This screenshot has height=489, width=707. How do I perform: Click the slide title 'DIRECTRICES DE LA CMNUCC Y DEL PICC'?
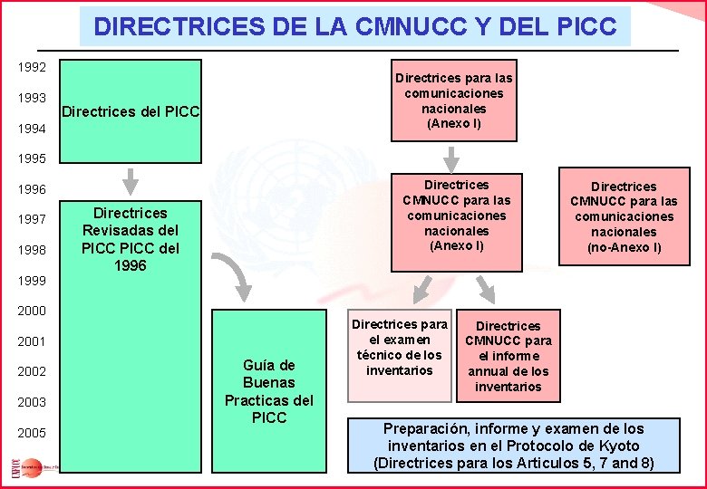click(x=354, y=26)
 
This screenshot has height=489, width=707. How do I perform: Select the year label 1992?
click(x=34, y=67)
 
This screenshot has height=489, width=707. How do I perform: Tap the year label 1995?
click(x=34, y=158)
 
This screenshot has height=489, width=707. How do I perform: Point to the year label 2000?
click(x=34, y=311)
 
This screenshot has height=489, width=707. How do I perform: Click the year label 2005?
click(x=34, y=434)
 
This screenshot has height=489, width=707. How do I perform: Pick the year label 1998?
click(x=34, y=249)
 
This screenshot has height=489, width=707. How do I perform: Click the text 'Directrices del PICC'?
click(x=130, y=112)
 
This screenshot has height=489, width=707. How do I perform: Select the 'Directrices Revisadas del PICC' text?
click(x=131, y=239)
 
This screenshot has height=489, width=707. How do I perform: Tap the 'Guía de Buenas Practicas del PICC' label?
click(x=269, y=391)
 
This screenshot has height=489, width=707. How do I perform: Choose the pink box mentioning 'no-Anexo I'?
click(x=624, y=217)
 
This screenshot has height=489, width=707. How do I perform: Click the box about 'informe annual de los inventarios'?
click(x=508, y=356)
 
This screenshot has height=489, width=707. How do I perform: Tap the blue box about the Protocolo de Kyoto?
click(x=513, y=445)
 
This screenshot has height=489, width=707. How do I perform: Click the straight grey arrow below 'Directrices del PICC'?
click(x=131, y=180)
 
